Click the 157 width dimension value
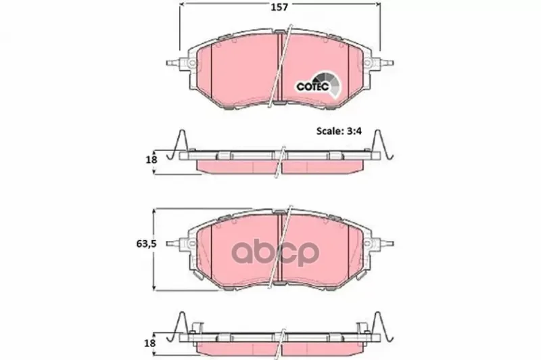point(279,7)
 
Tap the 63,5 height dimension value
point(146,244)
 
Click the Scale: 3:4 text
point(339,131)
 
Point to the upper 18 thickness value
point(151,160)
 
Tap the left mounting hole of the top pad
point(192,63)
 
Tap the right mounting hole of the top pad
point(368,63)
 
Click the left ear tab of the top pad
point(173,63)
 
